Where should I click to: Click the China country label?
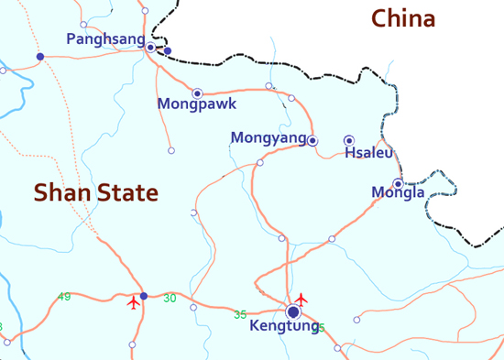tap(403, 18)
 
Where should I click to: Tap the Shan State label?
tap(96, 192)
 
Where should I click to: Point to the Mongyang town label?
tap(268, 138)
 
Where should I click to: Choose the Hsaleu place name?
tap(368, 153)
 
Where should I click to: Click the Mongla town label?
tap(398, 192)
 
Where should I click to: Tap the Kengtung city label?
tap(284, 326)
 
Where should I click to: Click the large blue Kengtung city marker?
tap(293, 312)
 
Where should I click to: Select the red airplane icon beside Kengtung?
tap(302, 299)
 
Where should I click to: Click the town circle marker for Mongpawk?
tap(197, 93)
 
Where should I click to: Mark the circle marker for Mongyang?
tap(312, 140)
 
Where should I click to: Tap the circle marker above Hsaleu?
tap(349, 140)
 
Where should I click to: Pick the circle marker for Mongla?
tap(398, 183)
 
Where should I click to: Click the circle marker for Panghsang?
tap(150, 47)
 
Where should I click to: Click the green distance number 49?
tap(64, 296)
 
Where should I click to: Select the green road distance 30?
tap(170, 298)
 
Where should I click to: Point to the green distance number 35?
tap(240, 314)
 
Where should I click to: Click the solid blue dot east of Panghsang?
tap(167, 50)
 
